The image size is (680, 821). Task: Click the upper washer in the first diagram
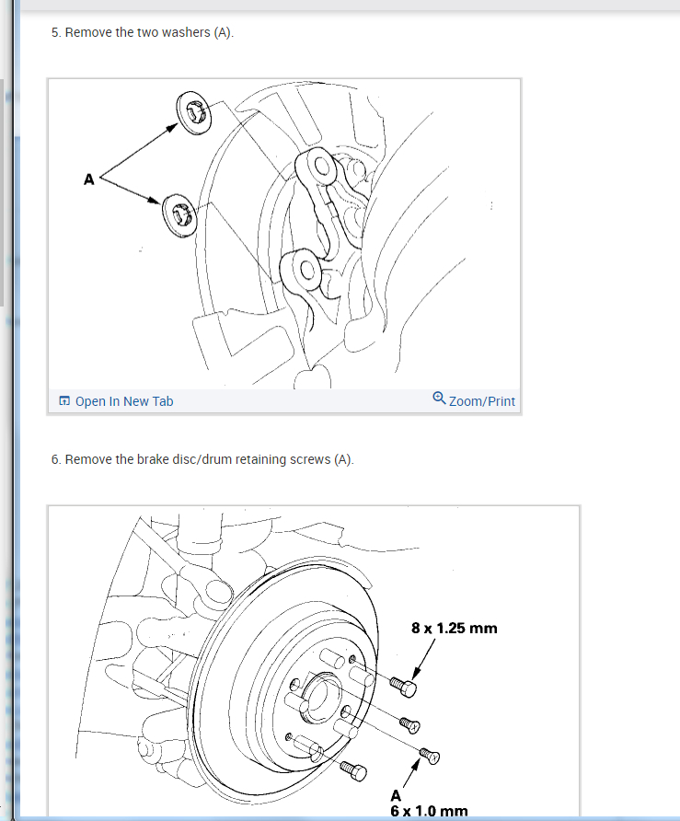[x=193, y=113]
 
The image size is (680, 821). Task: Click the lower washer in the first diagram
[x=179, y=214]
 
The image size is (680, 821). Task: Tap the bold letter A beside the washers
[x=89, y=179]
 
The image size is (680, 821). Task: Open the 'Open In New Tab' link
[x=124, y=401]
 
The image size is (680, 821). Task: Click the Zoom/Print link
[x=481, y=401]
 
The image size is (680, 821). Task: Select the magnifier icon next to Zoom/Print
[x=439, y=399]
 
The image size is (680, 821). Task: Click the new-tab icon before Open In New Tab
[x=64, y=401]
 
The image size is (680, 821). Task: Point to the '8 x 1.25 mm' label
[x=454, y=628]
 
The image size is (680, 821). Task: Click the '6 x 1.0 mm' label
[x=429, y=811]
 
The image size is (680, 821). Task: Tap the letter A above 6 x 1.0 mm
[x=396, y=796]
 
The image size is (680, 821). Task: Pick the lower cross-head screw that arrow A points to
[x=430, y=755]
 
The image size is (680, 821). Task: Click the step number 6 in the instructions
[x=54, y=459]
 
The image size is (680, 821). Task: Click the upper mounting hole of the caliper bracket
[x=321, y=167]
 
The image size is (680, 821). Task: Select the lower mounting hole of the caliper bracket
[x=306, y=271]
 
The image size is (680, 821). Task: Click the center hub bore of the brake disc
[x=319, y=699]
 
